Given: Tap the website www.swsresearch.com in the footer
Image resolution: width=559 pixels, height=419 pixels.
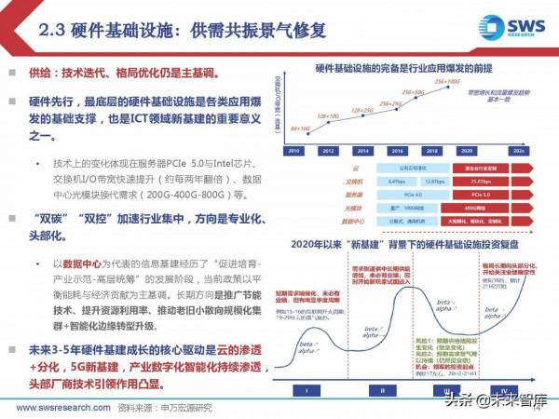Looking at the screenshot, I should (x=56, y=407).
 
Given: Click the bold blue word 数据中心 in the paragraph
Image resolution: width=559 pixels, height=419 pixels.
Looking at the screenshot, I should (x=81, y=264).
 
